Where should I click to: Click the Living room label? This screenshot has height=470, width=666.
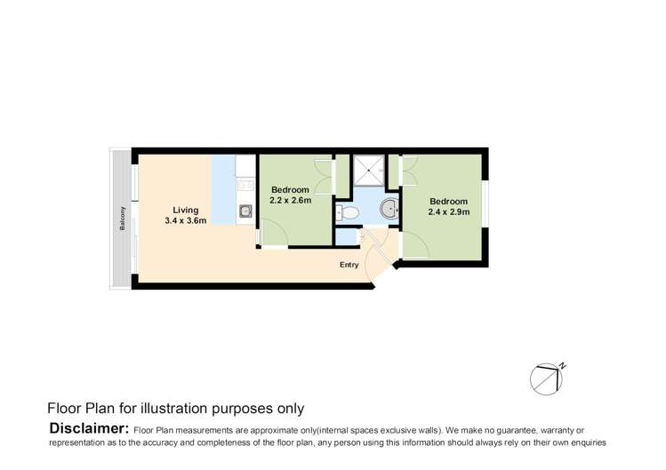[186, 210]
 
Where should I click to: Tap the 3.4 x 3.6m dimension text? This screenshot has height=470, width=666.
[186, 220]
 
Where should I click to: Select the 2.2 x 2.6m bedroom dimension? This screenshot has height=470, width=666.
[291, 201]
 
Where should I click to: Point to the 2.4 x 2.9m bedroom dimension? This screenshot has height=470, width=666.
[449, 211]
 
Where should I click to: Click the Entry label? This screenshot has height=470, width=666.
[349, 265]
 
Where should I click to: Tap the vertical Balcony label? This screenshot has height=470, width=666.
[123, 219]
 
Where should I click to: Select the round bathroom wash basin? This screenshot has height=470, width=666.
[389, 209]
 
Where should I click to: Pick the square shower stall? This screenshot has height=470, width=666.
[369, 171]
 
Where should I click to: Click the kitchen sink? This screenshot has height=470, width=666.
[245, 211]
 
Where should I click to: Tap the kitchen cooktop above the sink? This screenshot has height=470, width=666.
[245, 185]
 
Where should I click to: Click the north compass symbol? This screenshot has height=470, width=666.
[548, 378]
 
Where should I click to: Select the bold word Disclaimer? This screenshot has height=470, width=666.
[89, 428]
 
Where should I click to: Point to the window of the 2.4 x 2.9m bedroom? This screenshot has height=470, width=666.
[485, 204]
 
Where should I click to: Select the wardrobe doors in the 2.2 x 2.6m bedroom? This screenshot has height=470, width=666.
[325, 177]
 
